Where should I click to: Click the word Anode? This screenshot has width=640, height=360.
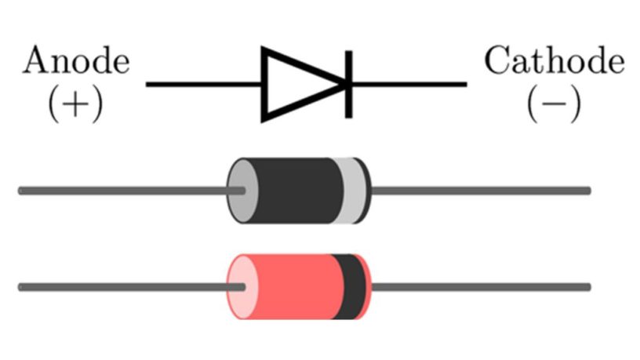pyautogui.click(x=76, y=61)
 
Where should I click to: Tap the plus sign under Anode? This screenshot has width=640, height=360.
pyautogui.click(x=75, y=105)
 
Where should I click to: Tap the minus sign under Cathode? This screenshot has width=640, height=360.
pyautogui.click(x=554, y=105)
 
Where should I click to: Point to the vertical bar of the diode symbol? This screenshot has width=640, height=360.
pyautogui.click(x=347, y=84)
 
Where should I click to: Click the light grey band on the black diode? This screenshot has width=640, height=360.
pyautogui.click(x=354, y=190)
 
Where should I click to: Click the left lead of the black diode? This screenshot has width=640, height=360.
pyautogui.click(x=118, y=190)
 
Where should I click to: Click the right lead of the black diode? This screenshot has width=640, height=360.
pyautogui.click(x=478, y=190)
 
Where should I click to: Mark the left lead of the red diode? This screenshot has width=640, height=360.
pyautogui.click(x=118, y=287)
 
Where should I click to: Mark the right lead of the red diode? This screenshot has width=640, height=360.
pyautogui.click(x=478, y=287)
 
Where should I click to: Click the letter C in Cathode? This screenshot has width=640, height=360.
pyautogui.click(x=496, y=61)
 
